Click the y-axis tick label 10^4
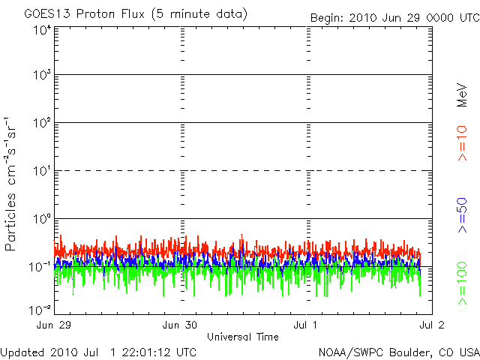pos(41,30)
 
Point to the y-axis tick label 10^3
pos(41,76)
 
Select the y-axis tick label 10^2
pos(41,123)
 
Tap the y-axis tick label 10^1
pos(41,171)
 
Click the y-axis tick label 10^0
pos(41,219)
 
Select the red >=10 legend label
pos(463,143)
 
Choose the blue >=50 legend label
pos(463,216)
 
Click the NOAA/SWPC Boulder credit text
pos(397,352)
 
